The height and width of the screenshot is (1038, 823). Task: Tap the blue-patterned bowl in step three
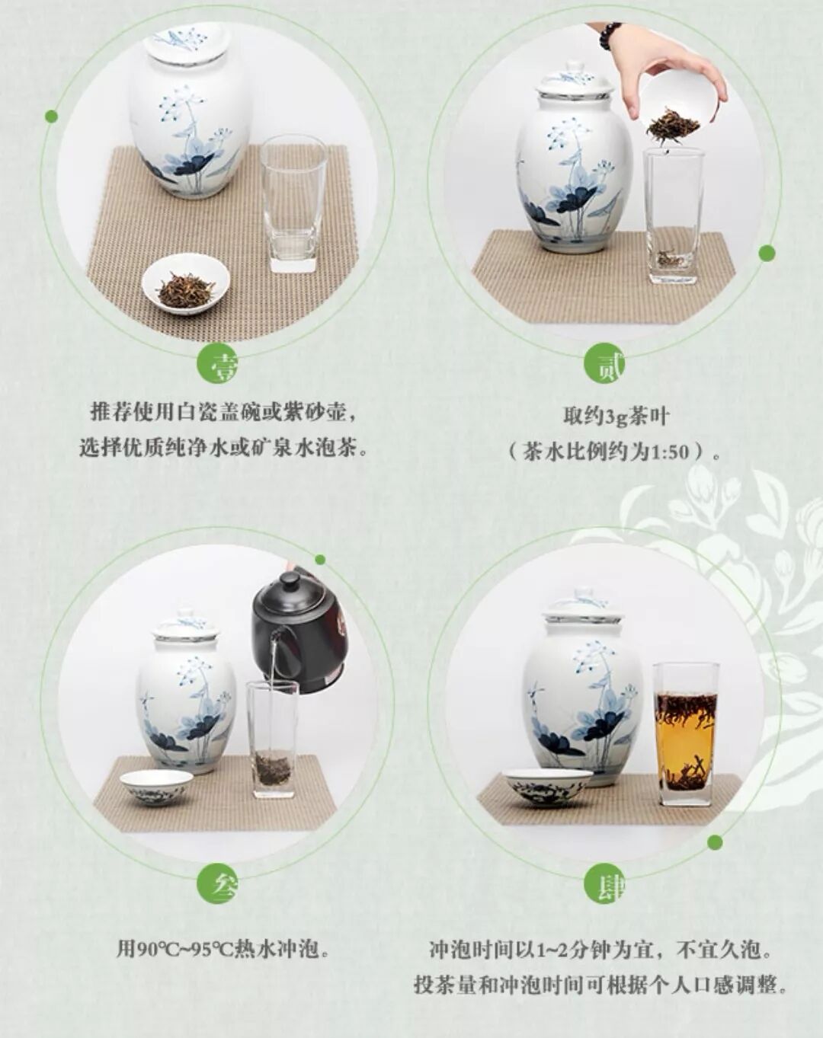[156, 787]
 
